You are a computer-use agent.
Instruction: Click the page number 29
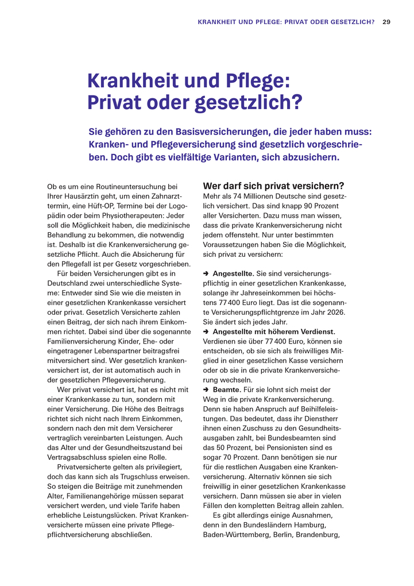[x=386, y=22]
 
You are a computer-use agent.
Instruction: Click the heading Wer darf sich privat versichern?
[x=273, y=186]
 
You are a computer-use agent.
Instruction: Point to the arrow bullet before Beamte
[x=206, y=390]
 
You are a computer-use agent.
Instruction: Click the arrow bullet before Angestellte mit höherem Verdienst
[x=206, y=332]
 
